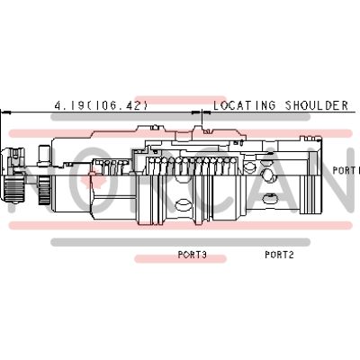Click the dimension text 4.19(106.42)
pyautogui.click(x=102, y=105)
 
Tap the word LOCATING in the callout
pyautogui.click(x=244, y=105)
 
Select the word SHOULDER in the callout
pyautogui.click(x=317, y=105)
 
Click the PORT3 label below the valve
pyautogui.click(x=193, y=255)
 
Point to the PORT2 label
pyautogui.click(x=279, y=255)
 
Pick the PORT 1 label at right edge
pyautogui.click(x=346, y=170)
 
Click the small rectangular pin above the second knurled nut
pyautogui.click(x=44, y=155)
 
